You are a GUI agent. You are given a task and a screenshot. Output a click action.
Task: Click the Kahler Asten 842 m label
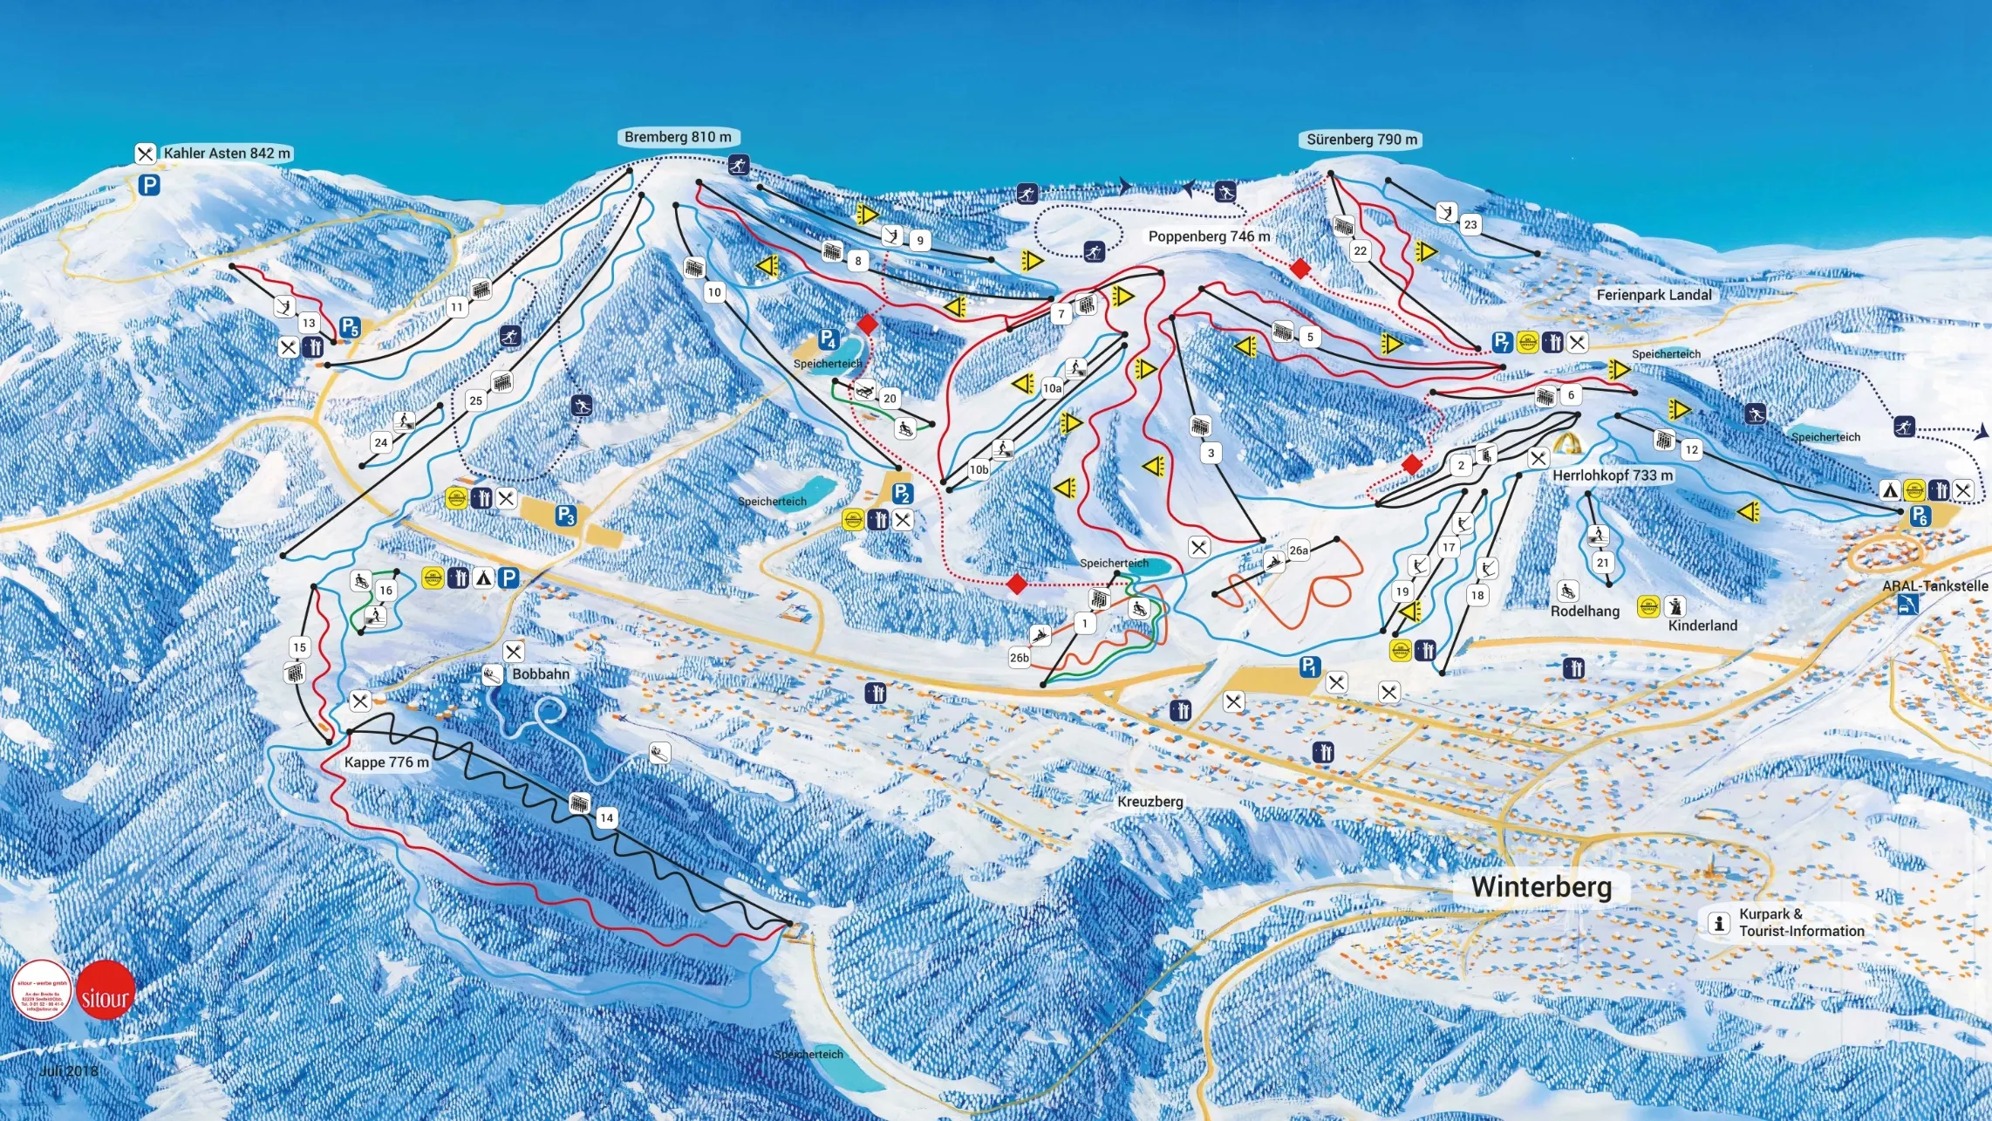(226, 154)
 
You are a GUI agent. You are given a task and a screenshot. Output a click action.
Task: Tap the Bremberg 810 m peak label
(678, 137)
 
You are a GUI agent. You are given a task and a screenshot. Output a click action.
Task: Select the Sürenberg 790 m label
(1361, 140)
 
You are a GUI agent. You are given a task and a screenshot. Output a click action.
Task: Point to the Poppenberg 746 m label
(1209, 236)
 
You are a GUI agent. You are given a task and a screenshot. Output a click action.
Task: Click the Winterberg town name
(1541, 886)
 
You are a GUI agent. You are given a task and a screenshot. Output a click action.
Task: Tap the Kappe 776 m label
(386, 762)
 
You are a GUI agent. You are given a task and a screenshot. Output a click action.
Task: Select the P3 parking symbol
(566, 516)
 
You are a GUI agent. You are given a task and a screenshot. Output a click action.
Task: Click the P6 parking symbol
(1919, 516)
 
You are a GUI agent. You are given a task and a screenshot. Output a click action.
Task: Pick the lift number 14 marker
(606, 817)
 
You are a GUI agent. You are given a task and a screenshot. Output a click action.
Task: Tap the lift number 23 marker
(1470, 225)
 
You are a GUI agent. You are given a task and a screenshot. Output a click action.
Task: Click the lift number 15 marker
(300, 647)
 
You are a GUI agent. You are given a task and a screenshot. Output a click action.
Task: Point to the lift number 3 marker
(1211, 453)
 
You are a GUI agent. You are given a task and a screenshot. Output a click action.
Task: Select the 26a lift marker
(1299, 550)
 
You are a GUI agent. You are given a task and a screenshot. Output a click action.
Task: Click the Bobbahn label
(541, 674)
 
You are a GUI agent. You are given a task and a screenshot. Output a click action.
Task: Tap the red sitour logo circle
(106, 990)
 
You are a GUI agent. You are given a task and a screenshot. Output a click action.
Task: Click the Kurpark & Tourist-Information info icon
(1718, 922)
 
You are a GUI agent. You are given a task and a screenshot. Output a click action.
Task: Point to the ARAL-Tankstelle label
(1934, 586)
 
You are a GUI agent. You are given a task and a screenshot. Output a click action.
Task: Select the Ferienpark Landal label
(1654, 295)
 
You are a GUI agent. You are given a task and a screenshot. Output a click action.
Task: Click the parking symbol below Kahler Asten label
(149, 185)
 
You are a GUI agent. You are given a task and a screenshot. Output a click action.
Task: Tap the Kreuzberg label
(1150, 802)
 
